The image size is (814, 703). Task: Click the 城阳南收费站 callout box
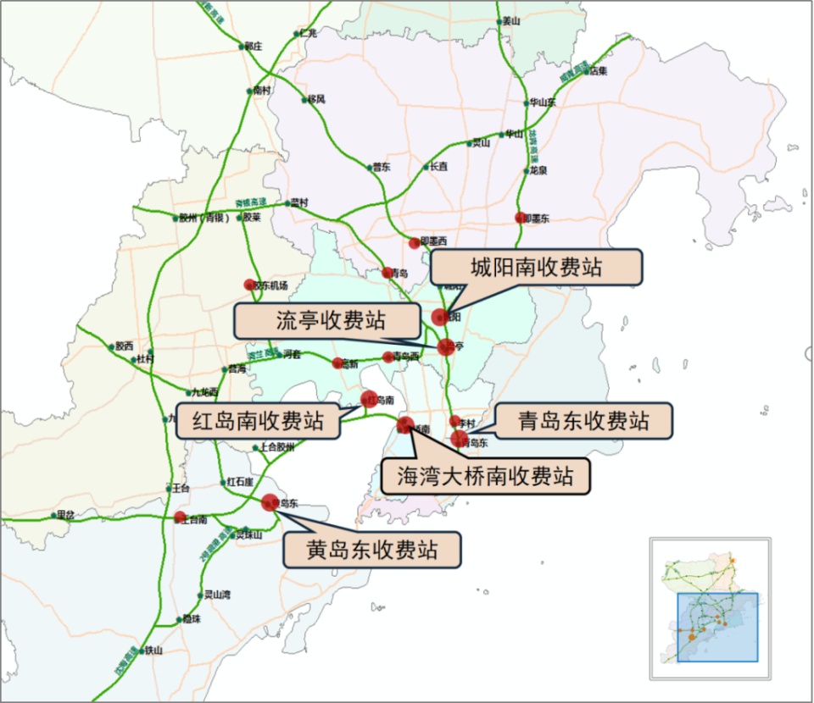(537, 268)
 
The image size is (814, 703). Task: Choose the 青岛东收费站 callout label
(584, 421)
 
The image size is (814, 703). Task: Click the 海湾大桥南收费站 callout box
(486, 476)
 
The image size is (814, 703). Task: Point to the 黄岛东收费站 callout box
(373, 550)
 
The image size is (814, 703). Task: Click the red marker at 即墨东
(521, 218)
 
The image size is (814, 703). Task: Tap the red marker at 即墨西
(415, 243)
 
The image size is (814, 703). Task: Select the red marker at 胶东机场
(249, 285)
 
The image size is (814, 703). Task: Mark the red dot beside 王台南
(180, 518)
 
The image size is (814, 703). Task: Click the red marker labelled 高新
(337, 363)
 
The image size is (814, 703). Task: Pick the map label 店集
(599, 70)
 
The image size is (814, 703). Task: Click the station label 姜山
(510, 21)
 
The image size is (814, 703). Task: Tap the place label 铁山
(153, 650)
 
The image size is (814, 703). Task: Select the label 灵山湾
(217, 595)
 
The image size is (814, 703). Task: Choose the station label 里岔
(64, 515)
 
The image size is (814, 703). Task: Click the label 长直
(438, 167)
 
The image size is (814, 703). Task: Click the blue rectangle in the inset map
(716, 627)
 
